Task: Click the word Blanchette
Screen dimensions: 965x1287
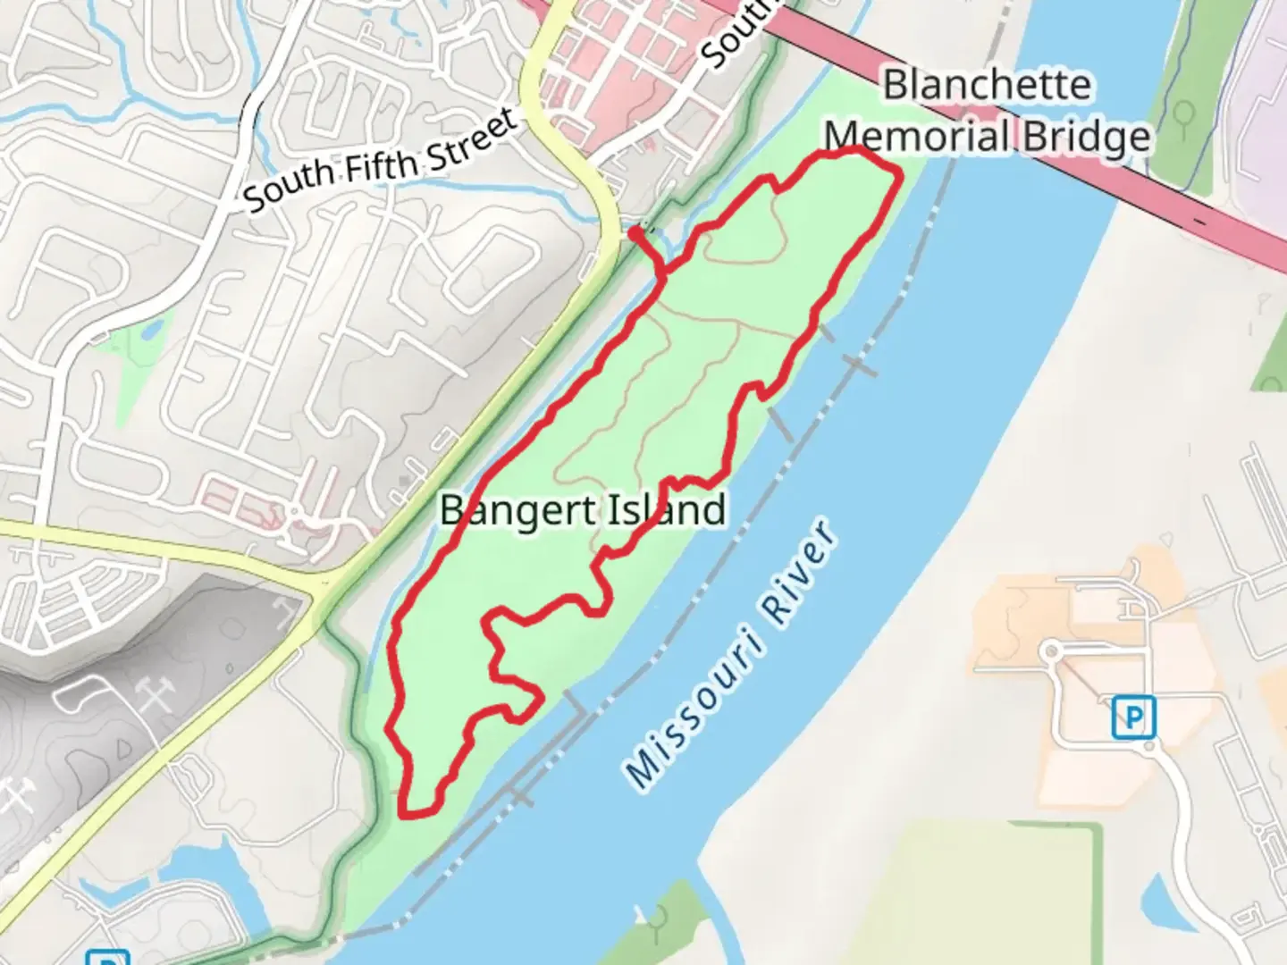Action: pyautogui.click(x=987, y=86)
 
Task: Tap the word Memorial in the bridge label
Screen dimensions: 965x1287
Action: pyautogui.click(x=916, y=137)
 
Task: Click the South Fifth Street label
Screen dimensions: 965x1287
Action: pyautogui.click(x=381, y=161)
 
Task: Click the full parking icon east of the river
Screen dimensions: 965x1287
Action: pyautogui.click(x=1133, y=717)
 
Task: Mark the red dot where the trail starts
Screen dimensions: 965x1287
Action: pyautogui.click(x=635, y=233)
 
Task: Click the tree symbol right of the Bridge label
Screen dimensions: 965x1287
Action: pyautogui.click(x=1185, y=115)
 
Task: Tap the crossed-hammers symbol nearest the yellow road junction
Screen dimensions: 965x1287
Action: pyautogui.click(x=284, y=610)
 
